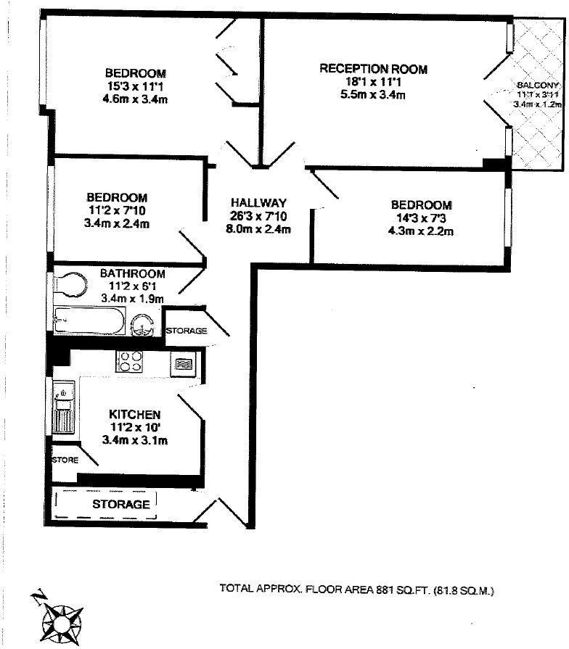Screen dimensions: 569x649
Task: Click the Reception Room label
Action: pos(373,69)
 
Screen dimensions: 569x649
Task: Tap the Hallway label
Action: pos(259,203)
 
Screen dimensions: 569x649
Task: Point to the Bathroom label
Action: pos(132,273)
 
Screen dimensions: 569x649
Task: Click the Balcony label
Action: pos(538,84)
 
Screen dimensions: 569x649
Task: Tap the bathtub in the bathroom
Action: pos(89,321)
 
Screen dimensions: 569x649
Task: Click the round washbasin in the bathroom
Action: pos(143,326)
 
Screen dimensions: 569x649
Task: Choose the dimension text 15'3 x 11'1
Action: pos(135,86)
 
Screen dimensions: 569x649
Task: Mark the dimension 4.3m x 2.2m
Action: pos(421,231)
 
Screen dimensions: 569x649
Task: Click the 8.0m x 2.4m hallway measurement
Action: pos(259,230)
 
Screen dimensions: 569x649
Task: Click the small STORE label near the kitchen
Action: pos(64,460)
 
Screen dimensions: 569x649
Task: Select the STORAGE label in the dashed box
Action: pos(120,504)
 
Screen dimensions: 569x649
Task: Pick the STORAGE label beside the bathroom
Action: pos(187,331)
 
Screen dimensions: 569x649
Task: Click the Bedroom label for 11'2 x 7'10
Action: pos(118,197)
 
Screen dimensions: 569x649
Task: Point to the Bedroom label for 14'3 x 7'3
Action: pos(421,205)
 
